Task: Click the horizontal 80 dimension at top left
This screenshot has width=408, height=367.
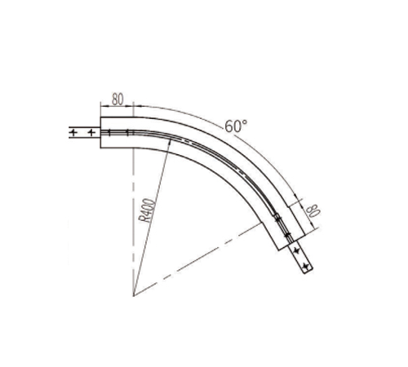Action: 118,99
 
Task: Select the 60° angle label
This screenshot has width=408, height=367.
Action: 236,126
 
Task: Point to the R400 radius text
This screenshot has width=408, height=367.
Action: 147,210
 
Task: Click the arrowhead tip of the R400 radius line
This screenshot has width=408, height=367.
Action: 171,138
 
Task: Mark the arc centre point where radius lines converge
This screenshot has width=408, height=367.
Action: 134,295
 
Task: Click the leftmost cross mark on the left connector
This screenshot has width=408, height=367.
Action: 73,133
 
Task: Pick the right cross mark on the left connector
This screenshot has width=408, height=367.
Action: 91,133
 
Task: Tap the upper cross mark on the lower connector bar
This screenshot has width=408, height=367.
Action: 297,250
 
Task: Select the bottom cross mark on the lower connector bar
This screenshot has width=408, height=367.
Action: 307,267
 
